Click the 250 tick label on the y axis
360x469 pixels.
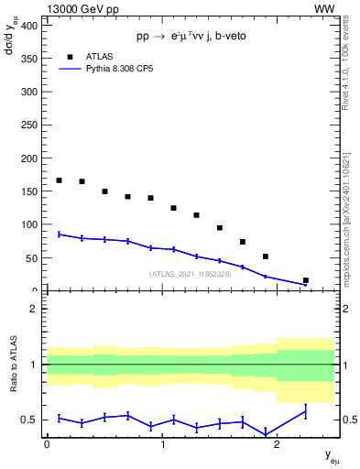[x=27, y=125]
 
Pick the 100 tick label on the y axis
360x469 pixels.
[x=27, y=224]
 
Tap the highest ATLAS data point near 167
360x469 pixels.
[x=60, y=180]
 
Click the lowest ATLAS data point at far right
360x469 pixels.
[x=305, y=280]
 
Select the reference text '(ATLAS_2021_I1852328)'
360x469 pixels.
[x=191, y=273]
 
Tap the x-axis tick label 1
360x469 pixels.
[x=162, y=443]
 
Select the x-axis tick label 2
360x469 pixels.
[x=278, y=443]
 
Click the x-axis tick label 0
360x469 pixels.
[x=47, y=443]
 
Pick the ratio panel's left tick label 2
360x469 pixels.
[x=33, y=309]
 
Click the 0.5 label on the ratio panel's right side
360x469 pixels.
[x=346, y=420]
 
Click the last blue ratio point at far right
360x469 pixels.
[x=305, y=411]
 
